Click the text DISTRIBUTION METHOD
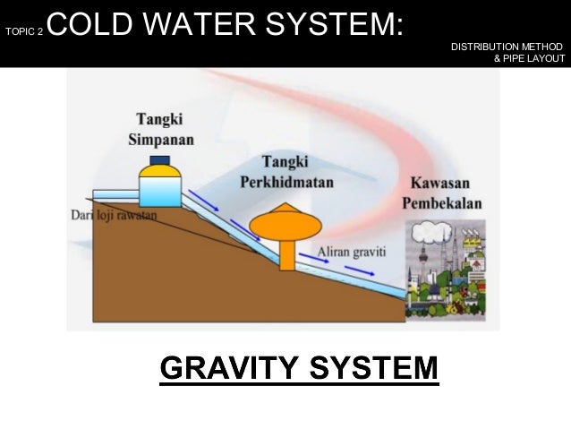pyautogui.click(x=507, y=46)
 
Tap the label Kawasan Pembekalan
pyautogui.click(x=445, y=191)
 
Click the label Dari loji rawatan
pyautogui.click(x=114, y=216)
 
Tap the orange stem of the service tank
pyautogui.click(x=286, y=254)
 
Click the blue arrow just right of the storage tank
pyautogui.click(x=203, y=208)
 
